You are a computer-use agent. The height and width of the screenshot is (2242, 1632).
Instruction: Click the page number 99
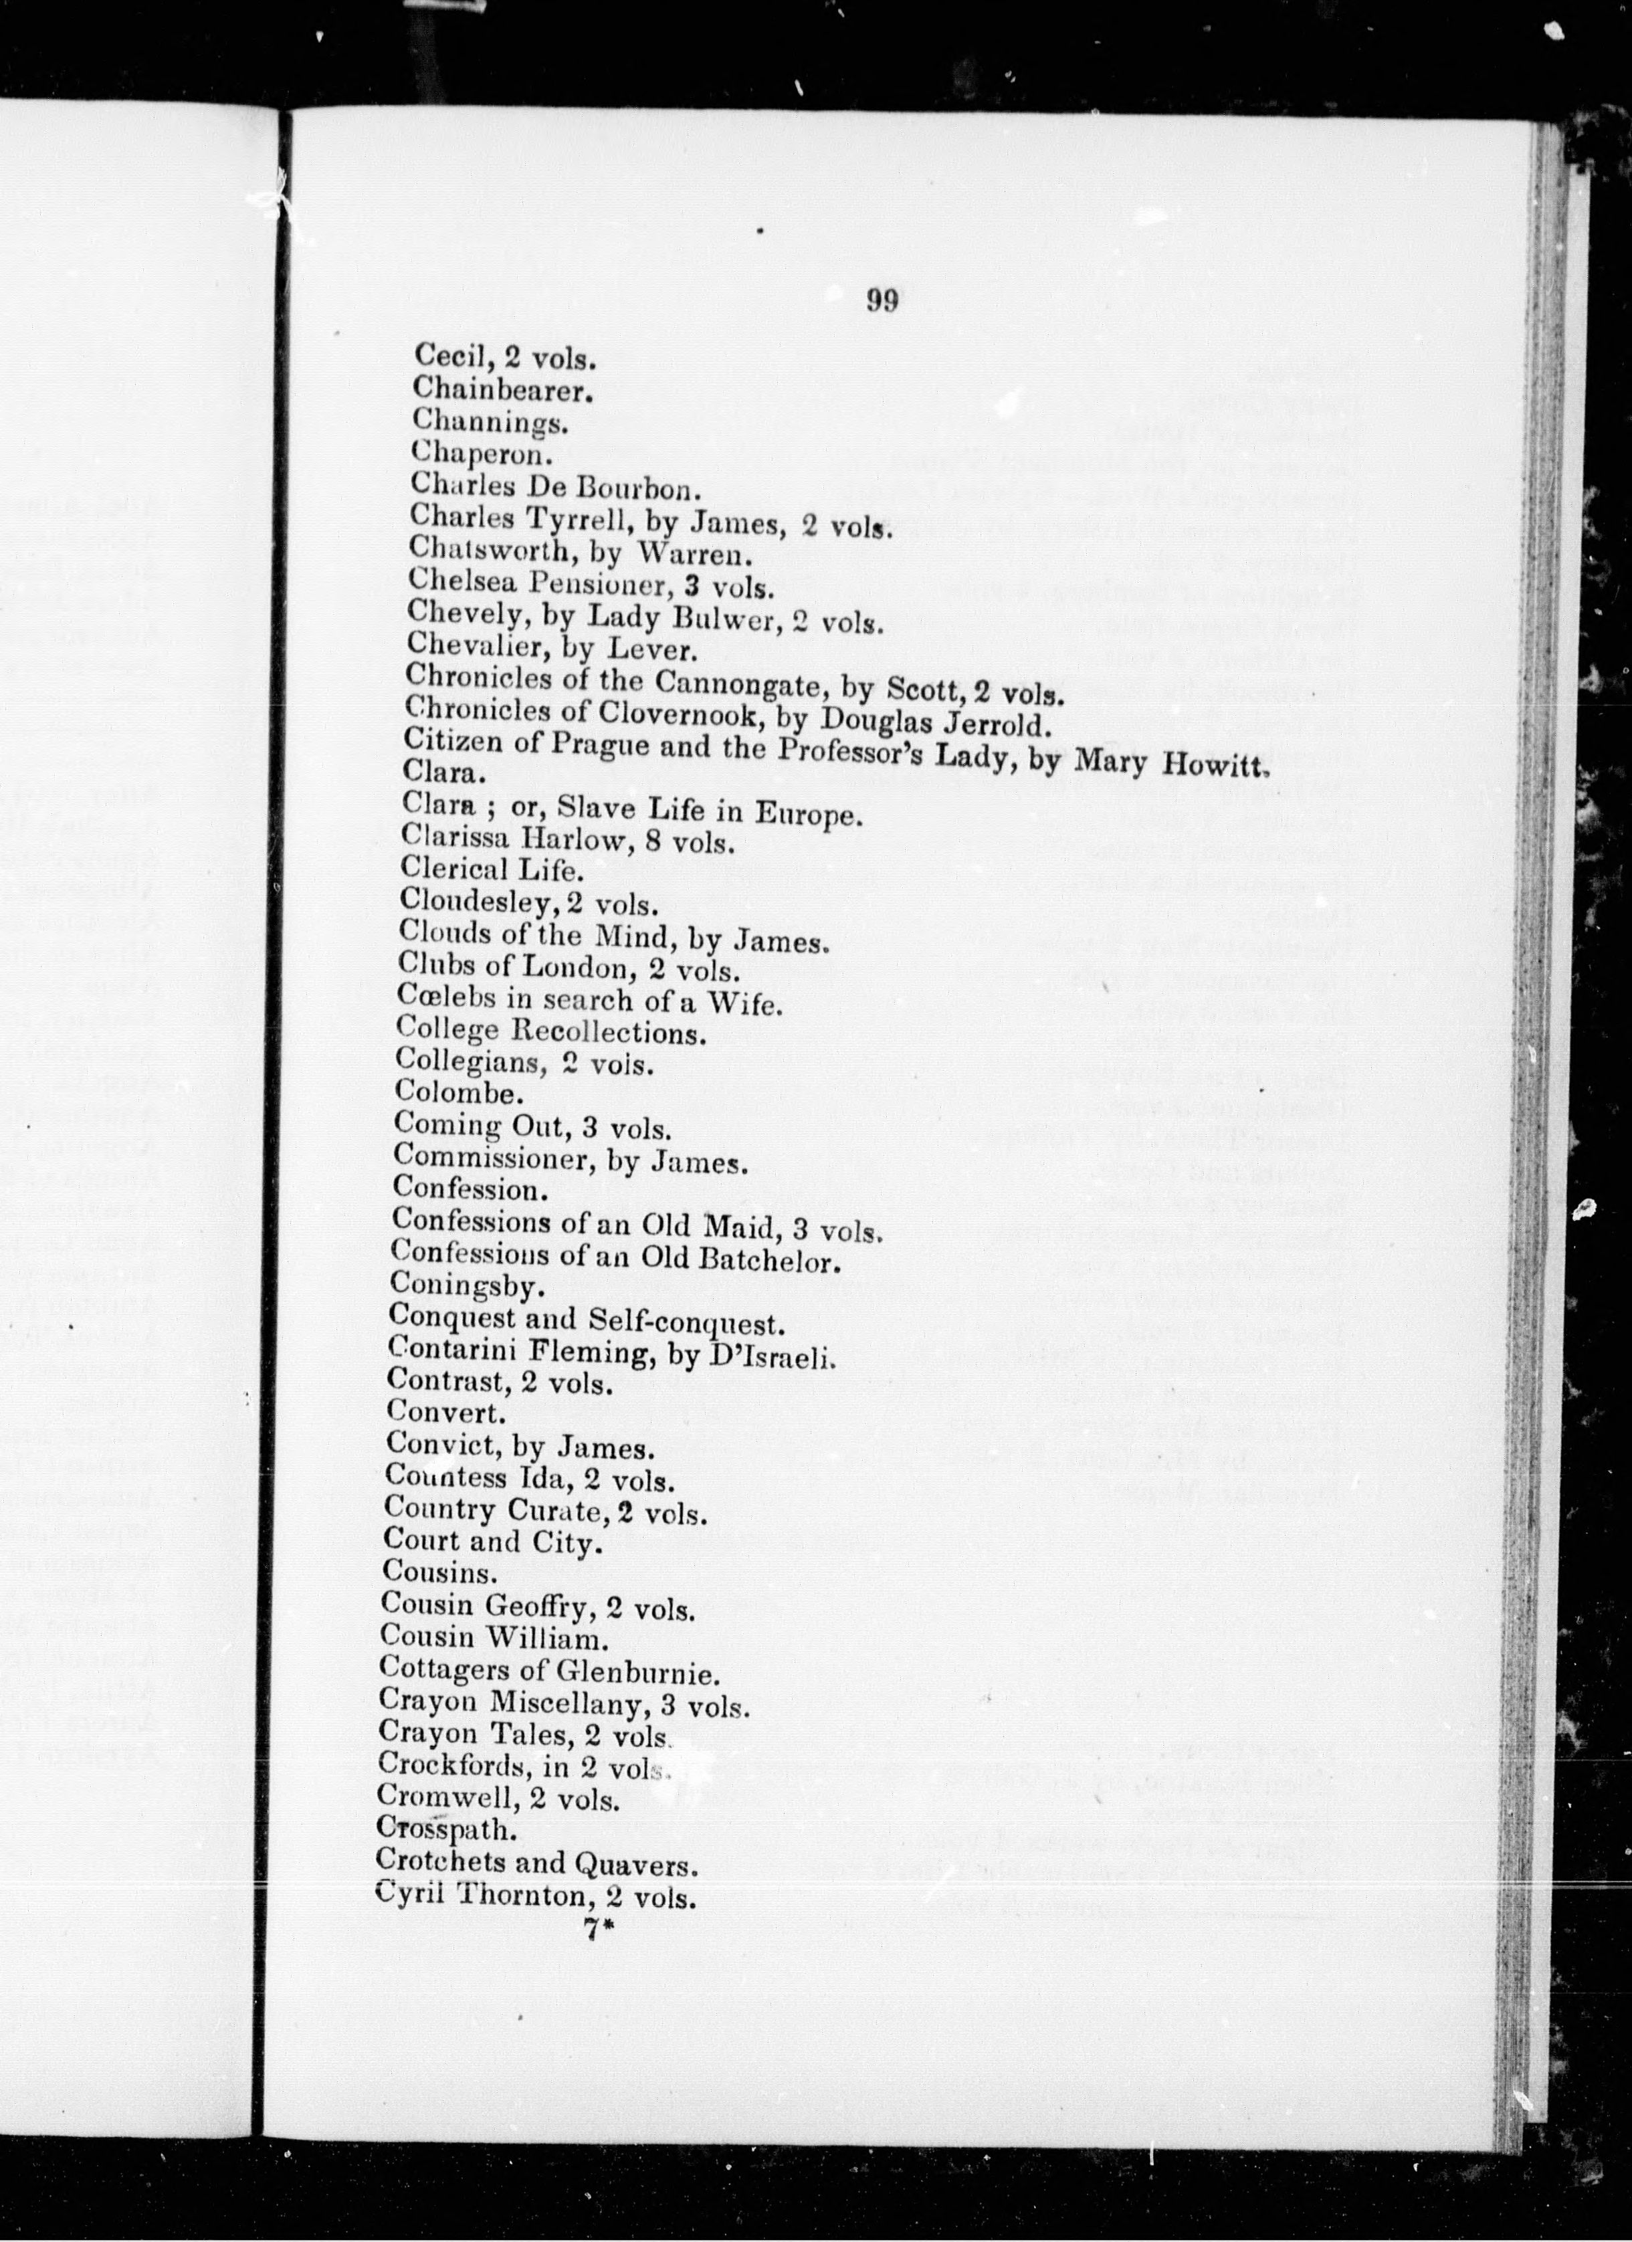pyautogui.click(x=882, y=300)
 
